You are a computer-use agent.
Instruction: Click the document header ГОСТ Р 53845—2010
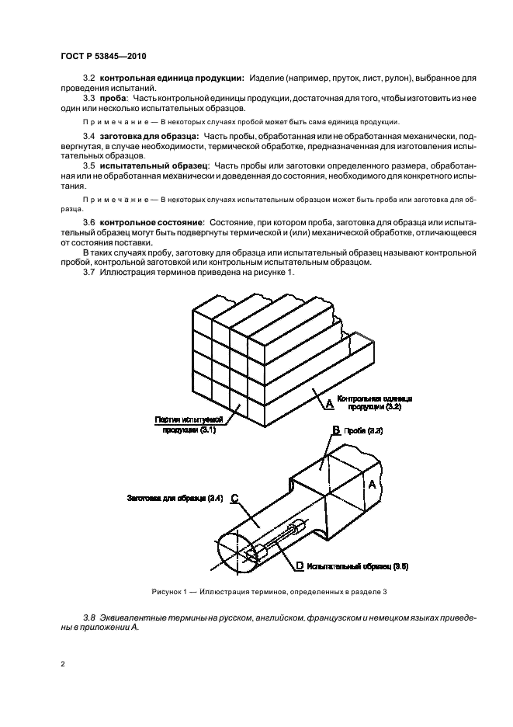[103, 57]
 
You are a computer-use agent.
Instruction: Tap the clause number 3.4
[89, 137]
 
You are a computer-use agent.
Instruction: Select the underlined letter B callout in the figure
[336, 430]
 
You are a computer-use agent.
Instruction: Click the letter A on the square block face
[372, 484]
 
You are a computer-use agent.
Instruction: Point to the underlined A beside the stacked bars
[329, 403]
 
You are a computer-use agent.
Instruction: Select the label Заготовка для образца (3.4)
[175, 498]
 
